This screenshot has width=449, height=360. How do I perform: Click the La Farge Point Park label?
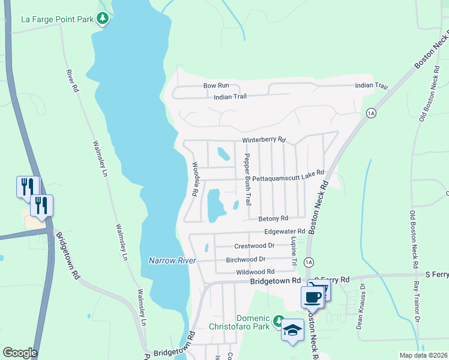[x=57, y=19]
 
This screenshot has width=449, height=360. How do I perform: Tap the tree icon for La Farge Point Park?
[x=103, y=19]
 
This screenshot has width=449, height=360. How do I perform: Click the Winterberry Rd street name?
[x=264, y=140]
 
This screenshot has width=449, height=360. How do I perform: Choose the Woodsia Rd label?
[x=194, y=179]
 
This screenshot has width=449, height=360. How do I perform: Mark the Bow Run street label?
[x=216, y=86]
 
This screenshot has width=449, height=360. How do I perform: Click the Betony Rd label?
[x=273, y=218]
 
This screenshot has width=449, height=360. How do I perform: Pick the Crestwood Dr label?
[x=254, y=245]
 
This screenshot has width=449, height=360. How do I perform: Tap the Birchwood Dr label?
[x=246, y=259]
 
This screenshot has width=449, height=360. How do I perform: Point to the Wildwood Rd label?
[x=255, y=272]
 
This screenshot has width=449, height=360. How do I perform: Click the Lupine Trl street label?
[x=294, y=251]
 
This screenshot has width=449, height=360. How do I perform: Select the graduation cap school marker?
[x=292, y=331]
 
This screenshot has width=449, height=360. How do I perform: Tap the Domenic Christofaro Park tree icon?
[x=278, y=322]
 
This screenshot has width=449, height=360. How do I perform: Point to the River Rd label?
[x=72, y=80]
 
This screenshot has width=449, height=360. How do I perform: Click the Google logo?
[x=20, y=353]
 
